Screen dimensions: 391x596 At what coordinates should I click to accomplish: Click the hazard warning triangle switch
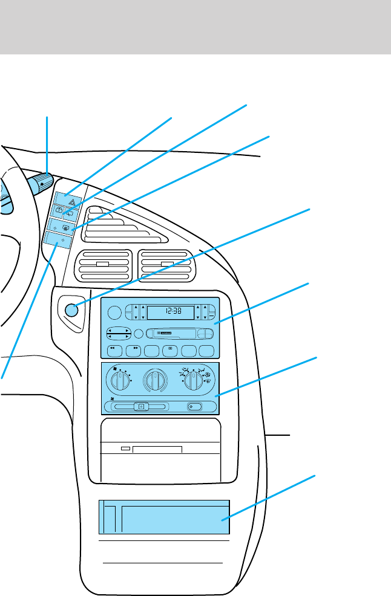pyautogui.click(x=64, y=198)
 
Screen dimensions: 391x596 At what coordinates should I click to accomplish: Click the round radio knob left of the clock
pyautogui.click(x=114, y=313)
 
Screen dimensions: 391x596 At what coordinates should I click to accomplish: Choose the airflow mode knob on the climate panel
pyautogui.click(x=193, y=381)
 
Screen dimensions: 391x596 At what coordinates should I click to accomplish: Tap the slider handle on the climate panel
pyautogui.click(x=140, y=407)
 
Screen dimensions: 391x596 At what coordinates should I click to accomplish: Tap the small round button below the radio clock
pyautogui.click(x=139, y=333)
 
